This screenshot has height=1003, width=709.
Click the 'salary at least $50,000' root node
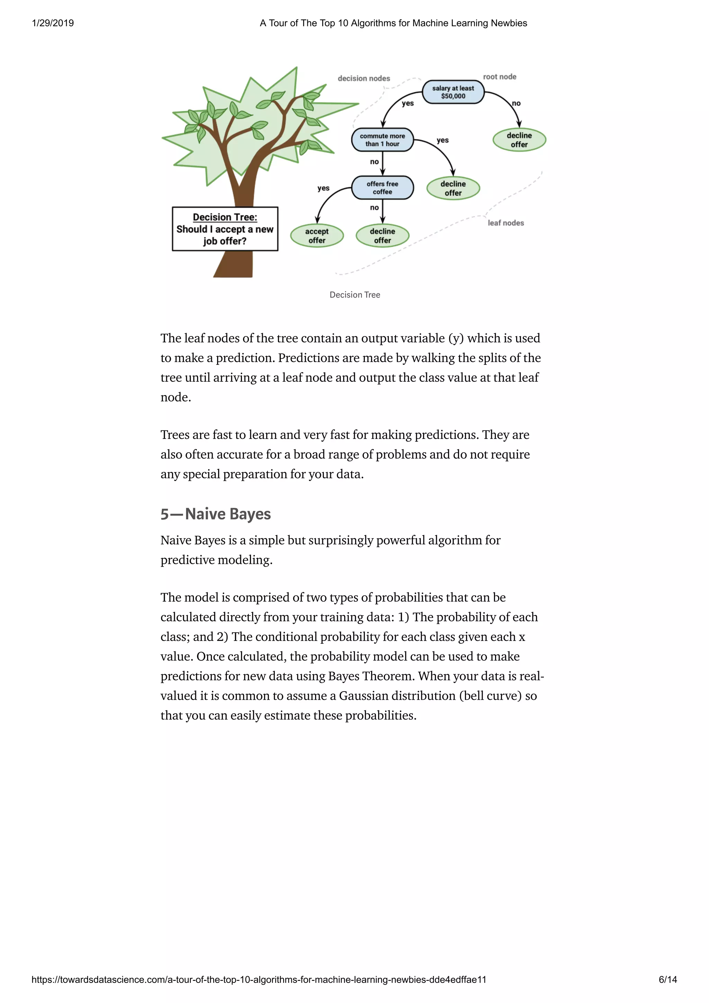point(453,92)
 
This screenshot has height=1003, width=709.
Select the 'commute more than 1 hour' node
point(382,140)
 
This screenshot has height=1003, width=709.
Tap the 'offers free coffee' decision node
point(382,188)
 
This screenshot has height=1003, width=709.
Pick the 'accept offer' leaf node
point(317,236)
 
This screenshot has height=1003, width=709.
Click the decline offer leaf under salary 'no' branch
point(519,140)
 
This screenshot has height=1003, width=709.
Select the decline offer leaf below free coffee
point(382,236)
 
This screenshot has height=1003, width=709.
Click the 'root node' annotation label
point(499,77)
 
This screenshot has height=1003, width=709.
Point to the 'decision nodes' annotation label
point(364,79)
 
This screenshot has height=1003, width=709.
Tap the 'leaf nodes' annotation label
point(505,223)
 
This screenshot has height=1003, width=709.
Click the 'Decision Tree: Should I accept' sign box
point(225,229)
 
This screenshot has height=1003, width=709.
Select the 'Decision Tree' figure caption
point(355,295)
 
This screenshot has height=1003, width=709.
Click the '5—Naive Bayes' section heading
point(215,514)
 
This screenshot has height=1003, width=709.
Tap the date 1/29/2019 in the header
point(53,23)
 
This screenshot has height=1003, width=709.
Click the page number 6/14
point(667,979)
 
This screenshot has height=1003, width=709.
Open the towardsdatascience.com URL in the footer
point(259,979)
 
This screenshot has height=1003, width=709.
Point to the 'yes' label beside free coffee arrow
point(323,188)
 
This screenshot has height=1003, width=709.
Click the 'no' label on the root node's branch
point(516,103)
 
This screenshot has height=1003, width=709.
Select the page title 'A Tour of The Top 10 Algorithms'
point(393,23)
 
